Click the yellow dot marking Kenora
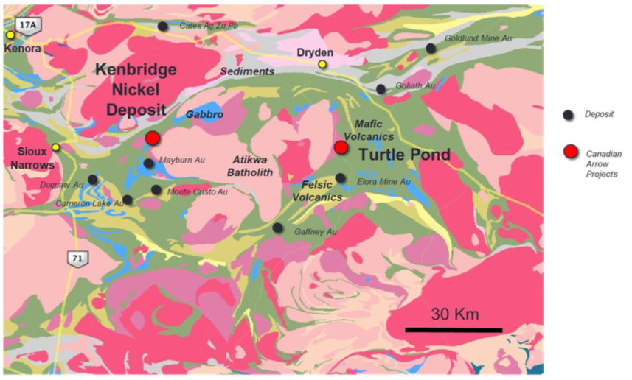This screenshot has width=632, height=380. (10, 35)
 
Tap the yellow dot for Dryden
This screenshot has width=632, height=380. (322, 65)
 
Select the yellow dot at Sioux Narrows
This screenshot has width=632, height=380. (55, 147)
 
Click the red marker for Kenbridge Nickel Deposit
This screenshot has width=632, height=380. (153, 138)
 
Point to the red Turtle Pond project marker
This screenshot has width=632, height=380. (341, 147)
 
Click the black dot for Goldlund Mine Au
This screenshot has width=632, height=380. (431, 49)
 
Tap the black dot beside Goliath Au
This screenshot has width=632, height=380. (381, 89)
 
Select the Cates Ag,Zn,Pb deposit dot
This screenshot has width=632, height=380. (162, 27)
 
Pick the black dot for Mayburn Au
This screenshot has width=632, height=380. (148, 163)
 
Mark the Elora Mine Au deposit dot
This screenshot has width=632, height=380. (341, 177)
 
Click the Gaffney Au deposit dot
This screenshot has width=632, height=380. (277, 228)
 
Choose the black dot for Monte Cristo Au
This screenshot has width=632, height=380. (156, 190)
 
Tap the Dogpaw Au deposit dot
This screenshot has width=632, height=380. (92, 180)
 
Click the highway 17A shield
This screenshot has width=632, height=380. (27, 25)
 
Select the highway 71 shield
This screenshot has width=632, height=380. (74, 258)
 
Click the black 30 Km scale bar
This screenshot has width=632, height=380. (454, 329)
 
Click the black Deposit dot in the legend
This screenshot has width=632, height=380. (568, 114)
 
